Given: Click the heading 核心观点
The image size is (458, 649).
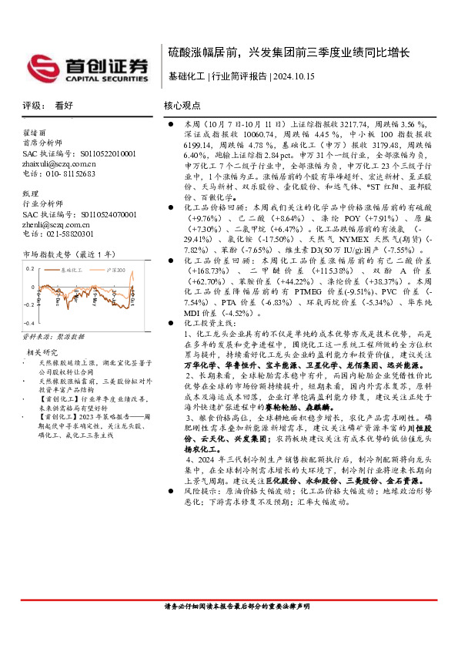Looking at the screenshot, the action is tap(182, 105).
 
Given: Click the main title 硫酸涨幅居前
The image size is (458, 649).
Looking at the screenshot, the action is tap(204, 52).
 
